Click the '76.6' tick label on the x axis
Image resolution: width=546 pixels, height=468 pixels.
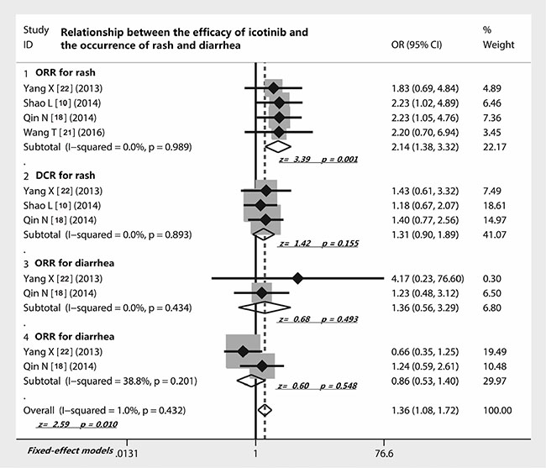coord(383,451)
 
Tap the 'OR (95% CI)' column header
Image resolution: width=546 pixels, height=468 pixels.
coord(417,45)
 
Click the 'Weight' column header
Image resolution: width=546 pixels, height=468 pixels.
coord(497,45)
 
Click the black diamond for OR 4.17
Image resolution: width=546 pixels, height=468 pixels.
coord(297,277)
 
